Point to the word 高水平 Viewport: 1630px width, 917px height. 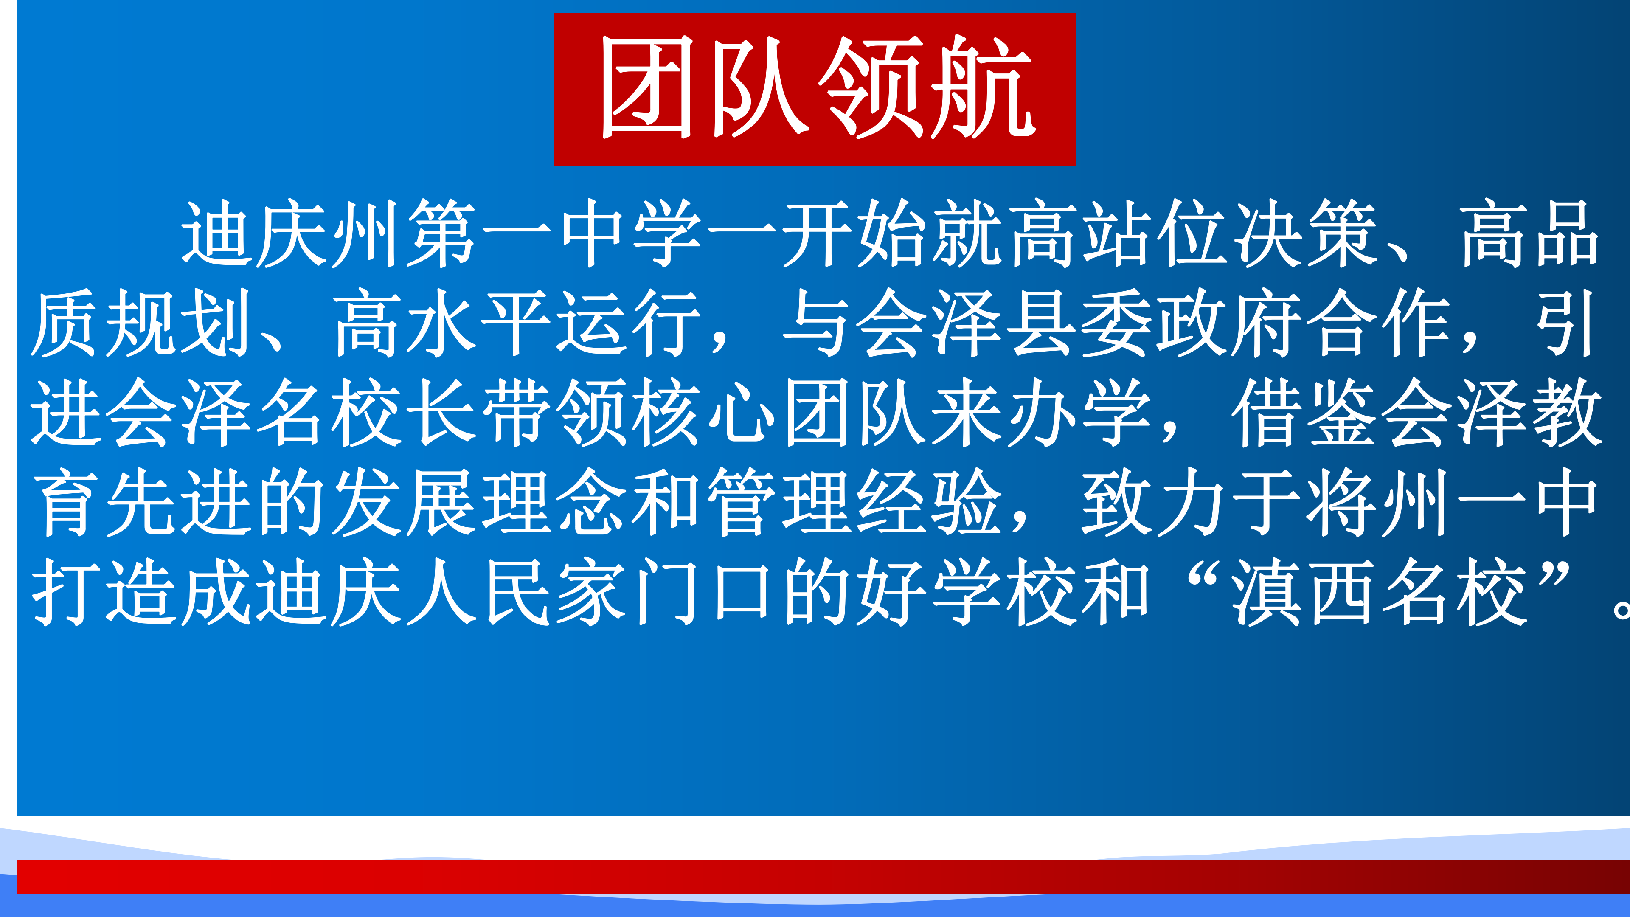(443, 323)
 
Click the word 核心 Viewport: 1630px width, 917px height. (704, 413)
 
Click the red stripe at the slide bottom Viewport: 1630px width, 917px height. (823, 877)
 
